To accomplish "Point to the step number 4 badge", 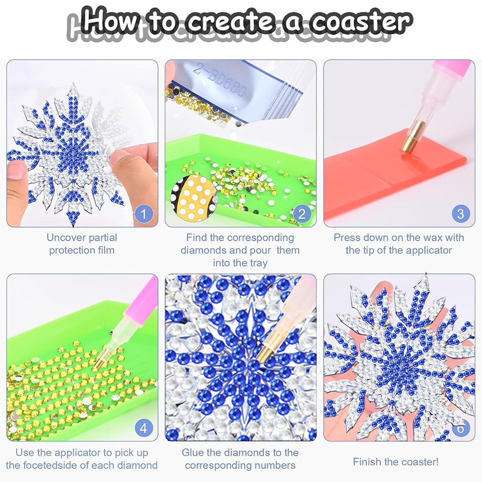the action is pos(143,428).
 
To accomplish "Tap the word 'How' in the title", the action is pos(110,19).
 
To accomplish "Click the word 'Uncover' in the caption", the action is pos(67,237).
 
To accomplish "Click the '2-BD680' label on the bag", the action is pos(220,81).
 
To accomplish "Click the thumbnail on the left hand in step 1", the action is pos(17,170).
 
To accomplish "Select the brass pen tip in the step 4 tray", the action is pos(102,359).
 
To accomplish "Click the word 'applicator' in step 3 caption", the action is pos(429,250).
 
